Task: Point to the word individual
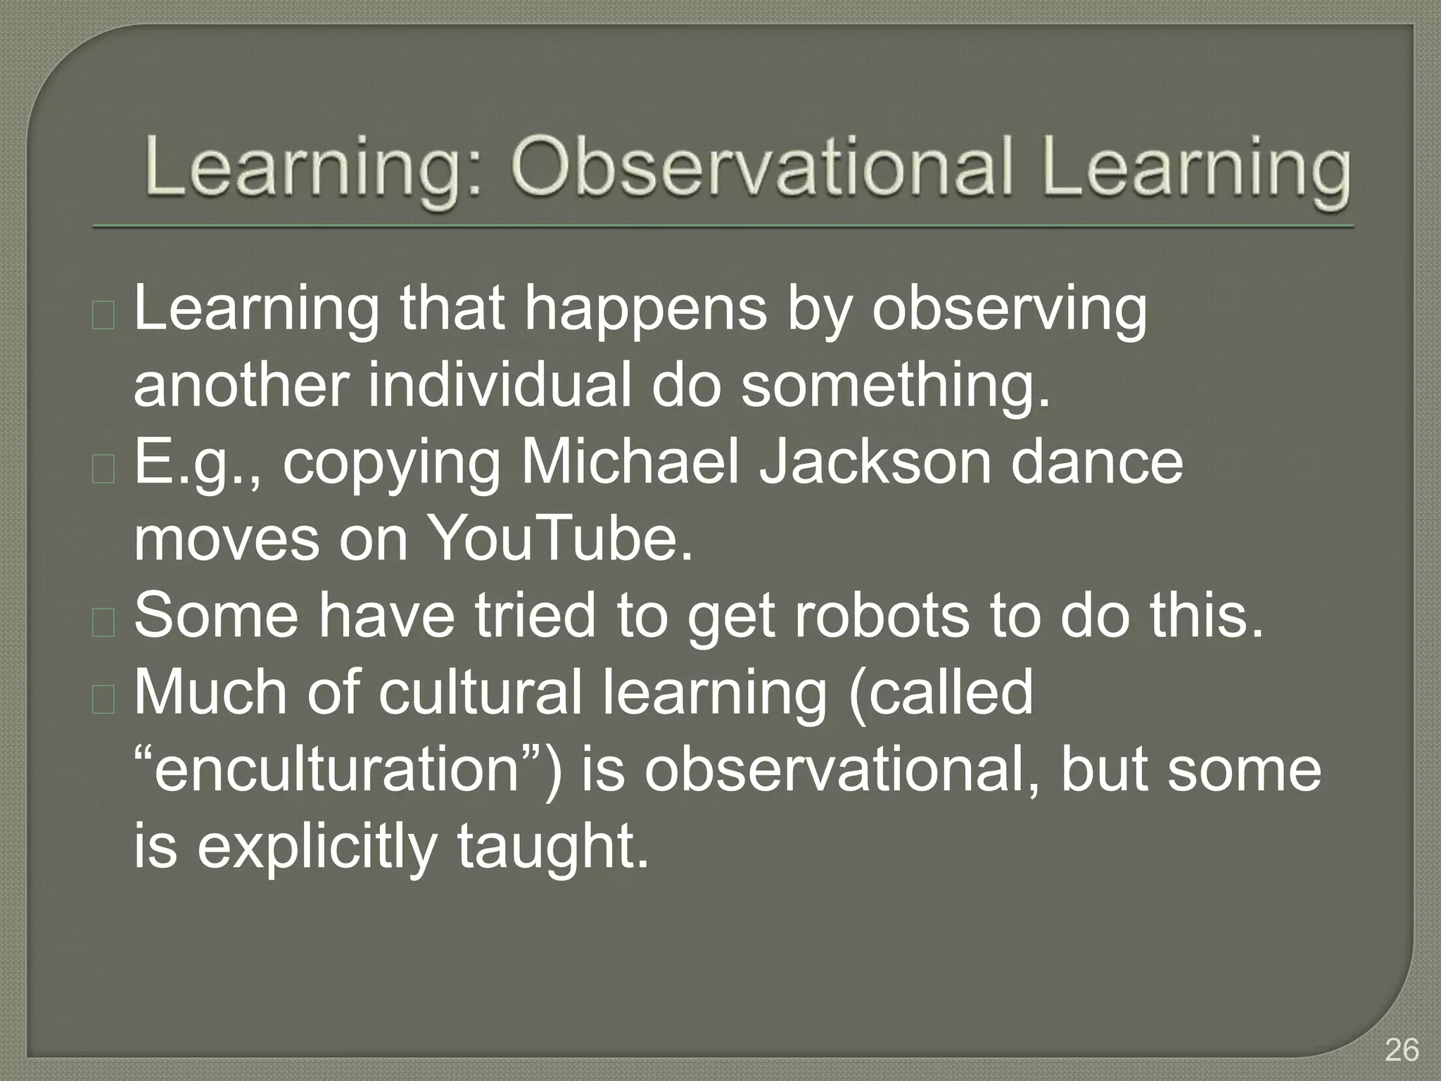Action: click(x=500, y=386)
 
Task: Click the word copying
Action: click(x=391, y=464)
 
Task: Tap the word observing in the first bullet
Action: click(x=1009, y=310)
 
